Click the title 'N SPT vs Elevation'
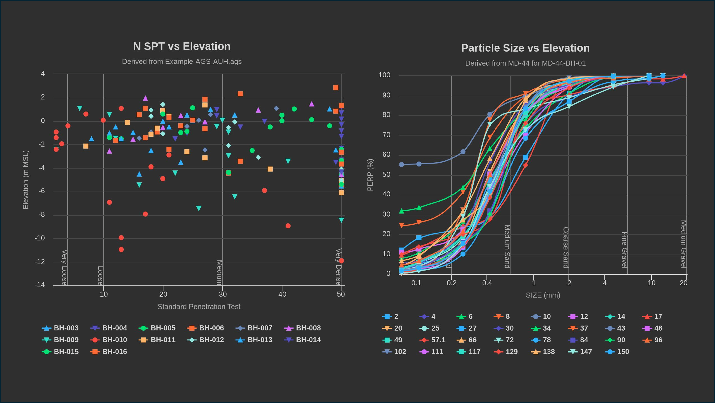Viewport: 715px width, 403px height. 182,46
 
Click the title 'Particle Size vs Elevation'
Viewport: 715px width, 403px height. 525,48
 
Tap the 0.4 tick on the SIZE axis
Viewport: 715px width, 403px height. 487,283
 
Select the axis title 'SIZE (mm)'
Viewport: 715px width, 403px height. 543,295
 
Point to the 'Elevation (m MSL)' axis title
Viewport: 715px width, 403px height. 25,180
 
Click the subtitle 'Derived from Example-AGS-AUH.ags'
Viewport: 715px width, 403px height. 182,62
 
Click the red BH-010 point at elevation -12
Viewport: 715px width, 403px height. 341,260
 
